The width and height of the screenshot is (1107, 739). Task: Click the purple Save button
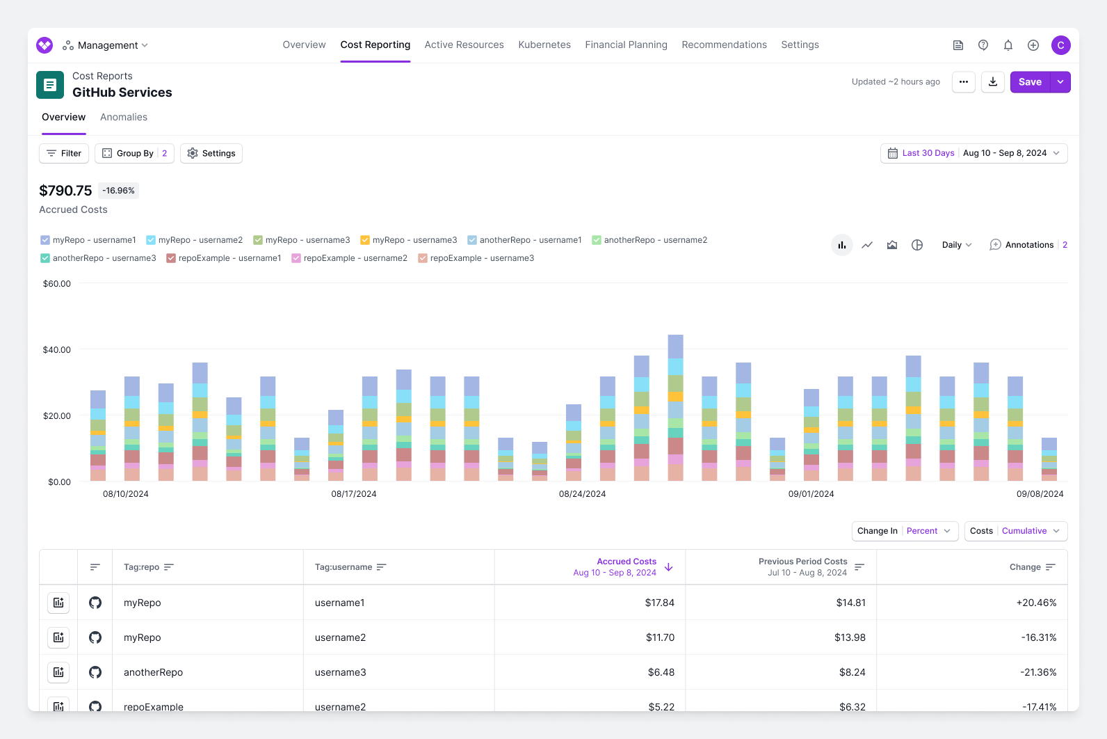[x=1030, y=82]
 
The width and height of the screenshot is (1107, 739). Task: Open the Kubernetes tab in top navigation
[x=544, y=45]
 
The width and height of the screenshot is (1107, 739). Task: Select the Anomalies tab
[x=124, y=117]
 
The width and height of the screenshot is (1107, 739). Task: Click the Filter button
[x=64, y=153]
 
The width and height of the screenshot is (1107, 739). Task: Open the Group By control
[x=134, y=153]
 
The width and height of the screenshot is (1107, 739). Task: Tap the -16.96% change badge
[x=118, y=191]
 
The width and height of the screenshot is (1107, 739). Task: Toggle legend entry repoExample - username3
[x=476, y=258]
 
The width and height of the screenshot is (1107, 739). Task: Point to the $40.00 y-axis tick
[x=57, y=349]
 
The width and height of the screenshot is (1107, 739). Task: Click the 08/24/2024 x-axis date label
[x=582, y=494]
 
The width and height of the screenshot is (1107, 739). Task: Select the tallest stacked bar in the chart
[x=675, y=408]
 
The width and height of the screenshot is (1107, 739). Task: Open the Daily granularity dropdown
[x=957, y=245]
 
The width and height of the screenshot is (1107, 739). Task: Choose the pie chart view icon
[x=917, y=245]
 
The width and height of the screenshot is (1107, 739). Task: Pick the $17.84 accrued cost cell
[x=659, y=603]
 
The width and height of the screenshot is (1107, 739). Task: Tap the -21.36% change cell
[x=1038, y=672]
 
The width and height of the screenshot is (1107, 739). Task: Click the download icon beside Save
[x=993, y=82]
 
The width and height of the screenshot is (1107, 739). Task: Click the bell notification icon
[x=1008, y=45]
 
